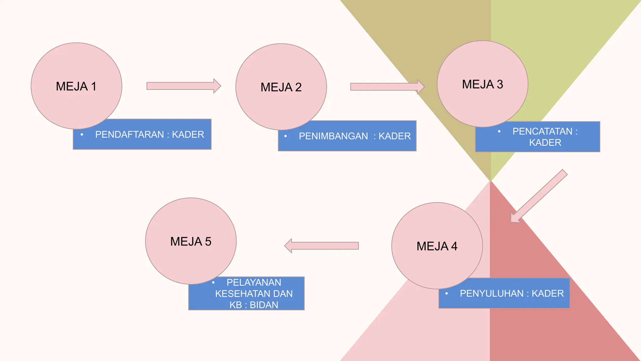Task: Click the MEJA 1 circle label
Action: (76, 86)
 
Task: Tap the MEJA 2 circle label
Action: (281, 87)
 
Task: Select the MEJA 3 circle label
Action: (482, 84)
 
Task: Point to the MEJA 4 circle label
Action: (437, 246)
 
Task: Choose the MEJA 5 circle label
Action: (191, 242)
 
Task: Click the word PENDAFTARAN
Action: (130, 135)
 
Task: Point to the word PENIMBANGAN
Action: (333, 136)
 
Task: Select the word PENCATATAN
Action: (542, 131)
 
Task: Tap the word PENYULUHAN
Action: (492, 294)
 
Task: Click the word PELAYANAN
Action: (254, 283)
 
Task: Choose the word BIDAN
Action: (264, 305)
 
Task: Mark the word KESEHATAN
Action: (240, 294)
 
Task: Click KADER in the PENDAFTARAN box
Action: (188, 135)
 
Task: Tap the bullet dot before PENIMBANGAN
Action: (285, 136)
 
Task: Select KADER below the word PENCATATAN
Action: (545, 143)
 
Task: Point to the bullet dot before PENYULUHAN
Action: (447, 294)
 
